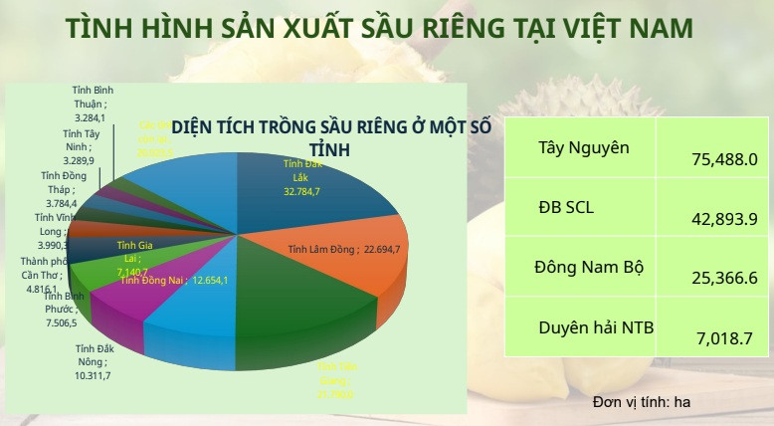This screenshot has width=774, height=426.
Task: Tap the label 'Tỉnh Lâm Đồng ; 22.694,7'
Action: coord(344,249)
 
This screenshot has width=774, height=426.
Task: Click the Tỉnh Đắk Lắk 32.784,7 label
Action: coord(301,176)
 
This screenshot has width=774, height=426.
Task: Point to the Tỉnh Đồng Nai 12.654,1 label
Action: coord(174,281)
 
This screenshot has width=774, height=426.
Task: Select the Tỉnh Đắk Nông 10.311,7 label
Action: coord(94,362)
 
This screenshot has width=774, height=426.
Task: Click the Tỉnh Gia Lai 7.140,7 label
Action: coord(133,258)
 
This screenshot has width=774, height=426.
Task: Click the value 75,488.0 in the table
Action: coord(724,159)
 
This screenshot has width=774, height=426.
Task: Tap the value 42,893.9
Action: coord(724,220)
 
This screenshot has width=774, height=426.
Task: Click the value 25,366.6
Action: coord(724,279)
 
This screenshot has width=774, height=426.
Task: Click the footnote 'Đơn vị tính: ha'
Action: coord(641,402)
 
